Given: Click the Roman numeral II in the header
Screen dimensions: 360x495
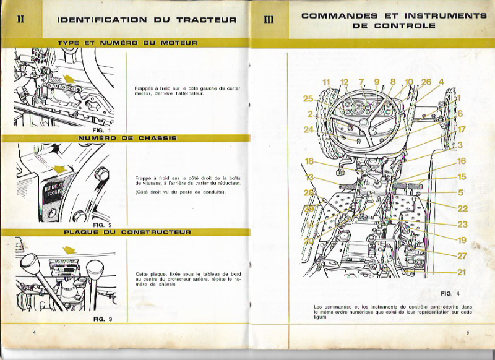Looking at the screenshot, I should click(21, 19).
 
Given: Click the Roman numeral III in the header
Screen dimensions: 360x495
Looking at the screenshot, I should click(269, 19).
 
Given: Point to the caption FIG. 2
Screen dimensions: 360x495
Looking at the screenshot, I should click(101, 225).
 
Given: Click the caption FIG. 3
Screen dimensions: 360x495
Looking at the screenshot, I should click(102, 319).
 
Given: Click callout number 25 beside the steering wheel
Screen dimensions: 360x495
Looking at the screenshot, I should click(309, 98).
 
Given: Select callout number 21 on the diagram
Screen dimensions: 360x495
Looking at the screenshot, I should click(462, 272).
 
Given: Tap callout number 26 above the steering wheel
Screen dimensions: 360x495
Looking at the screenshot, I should click(426, 82).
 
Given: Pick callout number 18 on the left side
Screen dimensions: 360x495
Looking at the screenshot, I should click(309, 161).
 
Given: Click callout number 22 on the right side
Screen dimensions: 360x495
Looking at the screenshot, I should click(462, 209).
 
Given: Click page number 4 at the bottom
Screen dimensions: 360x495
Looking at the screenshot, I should click(35, 333).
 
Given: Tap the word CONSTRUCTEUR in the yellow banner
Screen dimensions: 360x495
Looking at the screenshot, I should click(156, 232).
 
